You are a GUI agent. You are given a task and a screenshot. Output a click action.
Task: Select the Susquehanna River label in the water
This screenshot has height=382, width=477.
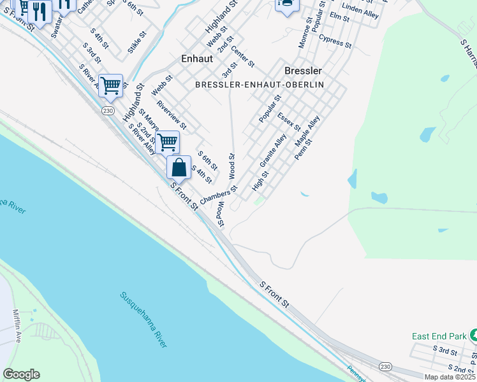[x=144, y=319]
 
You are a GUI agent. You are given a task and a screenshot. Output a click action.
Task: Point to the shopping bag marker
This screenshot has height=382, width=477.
[x=179, y=168]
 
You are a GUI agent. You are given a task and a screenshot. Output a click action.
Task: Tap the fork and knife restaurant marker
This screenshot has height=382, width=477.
[x=40, y=11]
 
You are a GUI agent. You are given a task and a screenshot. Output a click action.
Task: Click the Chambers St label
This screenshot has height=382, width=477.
[x=219, y=195]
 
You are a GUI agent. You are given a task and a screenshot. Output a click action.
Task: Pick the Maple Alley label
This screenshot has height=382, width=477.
[x=307, y=131]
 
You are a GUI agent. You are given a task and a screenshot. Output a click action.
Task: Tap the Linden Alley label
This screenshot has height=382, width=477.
[x=361, y=11]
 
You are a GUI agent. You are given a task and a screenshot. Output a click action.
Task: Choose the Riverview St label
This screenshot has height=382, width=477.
[x=171, y=115]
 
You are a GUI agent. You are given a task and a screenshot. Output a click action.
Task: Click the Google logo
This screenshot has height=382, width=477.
[x=21, y=374]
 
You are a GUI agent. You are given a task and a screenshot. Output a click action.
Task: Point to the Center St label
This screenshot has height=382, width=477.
[x=243, y=57]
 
